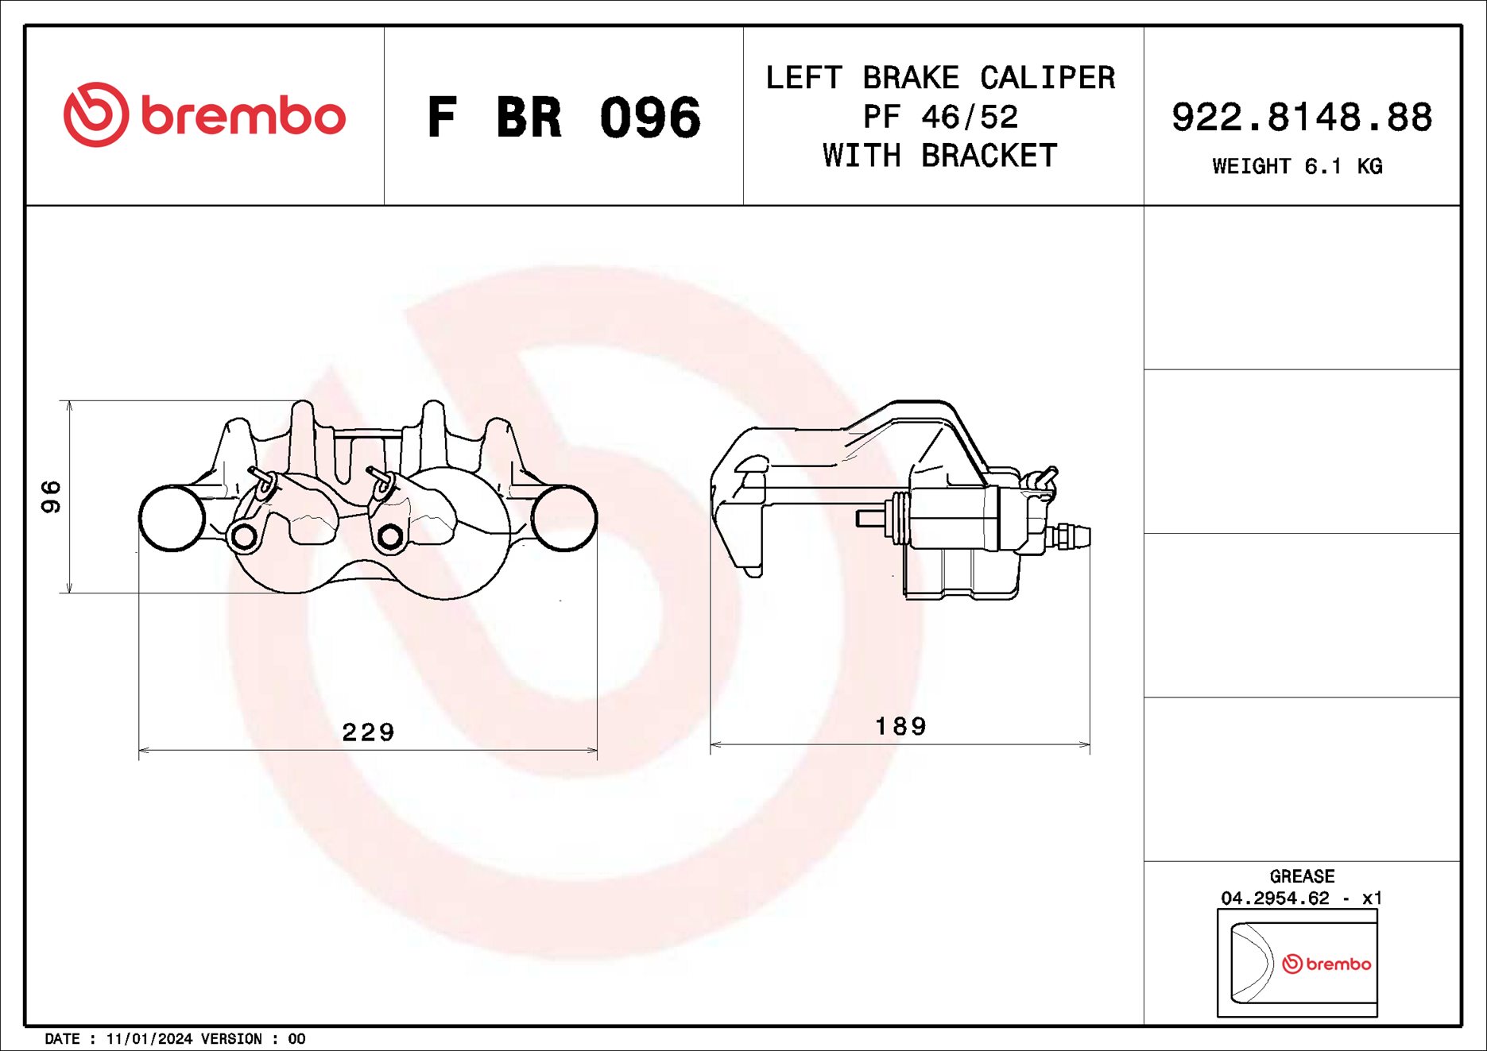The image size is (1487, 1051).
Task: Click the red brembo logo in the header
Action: [204, 115]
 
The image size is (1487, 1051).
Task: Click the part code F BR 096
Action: [563, 118]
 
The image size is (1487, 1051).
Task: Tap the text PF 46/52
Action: [940, 118]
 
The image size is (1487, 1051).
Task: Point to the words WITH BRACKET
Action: [940, 156]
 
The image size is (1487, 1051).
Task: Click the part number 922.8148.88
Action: [1301, 117]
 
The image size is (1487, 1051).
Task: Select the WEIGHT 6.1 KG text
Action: [1297, 167]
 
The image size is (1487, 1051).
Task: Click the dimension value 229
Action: [368, 732]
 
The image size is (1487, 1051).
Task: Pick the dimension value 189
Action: [900, 726]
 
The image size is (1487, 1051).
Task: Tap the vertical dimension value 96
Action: [51, 497]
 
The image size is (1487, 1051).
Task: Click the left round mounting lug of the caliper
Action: [172, 518]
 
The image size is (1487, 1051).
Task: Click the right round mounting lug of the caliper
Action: [563, 518]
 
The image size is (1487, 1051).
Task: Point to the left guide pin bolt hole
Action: [244, 538]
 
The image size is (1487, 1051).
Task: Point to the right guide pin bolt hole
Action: [389, 537]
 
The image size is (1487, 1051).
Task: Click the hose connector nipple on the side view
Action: [1073, 536]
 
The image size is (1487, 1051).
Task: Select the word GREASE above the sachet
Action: [1301, 876]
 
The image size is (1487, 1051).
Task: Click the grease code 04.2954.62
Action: [1275, 898]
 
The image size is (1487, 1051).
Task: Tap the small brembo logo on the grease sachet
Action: [1326, 964]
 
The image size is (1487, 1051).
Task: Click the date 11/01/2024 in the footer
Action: [149, 1039]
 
